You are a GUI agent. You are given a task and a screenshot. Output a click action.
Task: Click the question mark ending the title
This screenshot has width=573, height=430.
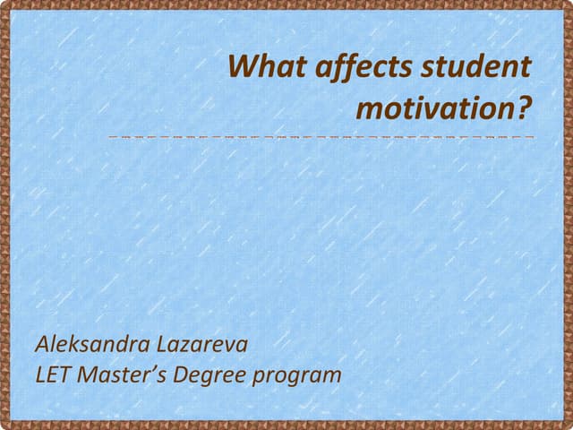click(524, 107)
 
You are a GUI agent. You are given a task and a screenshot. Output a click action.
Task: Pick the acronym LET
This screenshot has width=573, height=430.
click(53, 374)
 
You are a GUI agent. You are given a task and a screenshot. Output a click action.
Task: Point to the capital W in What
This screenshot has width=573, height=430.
click(243, 66)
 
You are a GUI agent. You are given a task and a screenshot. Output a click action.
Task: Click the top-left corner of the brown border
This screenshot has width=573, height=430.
click(4, 4)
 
